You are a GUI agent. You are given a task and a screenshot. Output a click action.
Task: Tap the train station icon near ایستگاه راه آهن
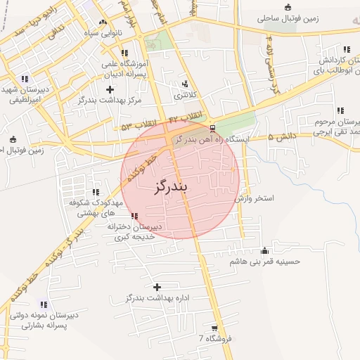212,128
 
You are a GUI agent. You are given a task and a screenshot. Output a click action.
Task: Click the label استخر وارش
254,200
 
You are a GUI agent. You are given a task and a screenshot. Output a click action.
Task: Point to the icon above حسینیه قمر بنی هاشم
264,251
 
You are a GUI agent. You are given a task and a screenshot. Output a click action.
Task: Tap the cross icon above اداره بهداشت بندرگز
156,287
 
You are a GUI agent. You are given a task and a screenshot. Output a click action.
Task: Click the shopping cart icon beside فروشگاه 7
214,328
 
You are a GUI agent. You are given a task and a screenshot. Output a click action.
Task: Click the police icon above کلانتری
185,84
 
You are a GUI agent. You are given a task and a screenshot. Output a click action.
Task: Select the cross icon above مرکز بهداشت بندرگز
109,89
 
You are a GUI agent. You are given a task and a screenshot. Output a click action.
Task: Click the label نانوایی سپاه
100,32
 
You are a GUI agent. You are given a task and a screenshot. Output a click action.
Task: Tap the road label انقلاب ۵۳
136,127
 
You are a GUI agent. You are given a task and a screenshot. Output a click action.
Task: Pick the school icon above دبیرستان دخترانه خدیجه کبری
134,216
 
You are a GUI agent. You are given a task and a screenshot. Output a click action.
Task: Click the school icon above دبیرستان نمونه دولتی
44,304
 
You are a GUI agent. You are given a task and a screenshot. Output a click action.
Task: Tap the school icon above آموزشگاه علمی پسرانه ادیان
124,53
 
